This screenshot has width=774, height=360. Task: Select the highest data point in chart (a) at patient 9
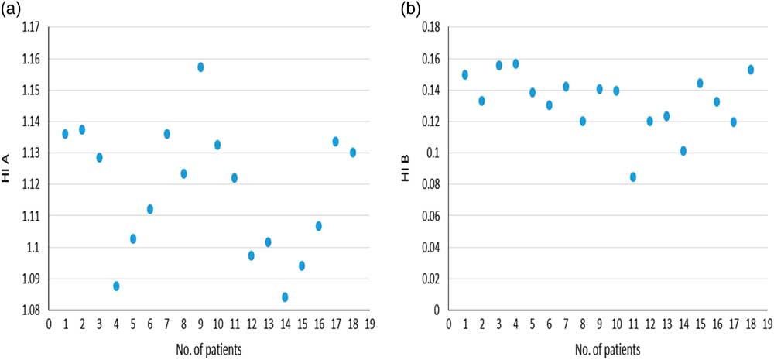200,67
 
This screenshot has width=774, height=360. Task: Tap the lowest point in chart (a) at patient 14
286,297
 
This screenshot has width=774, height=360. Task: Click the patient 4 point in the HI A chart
116,286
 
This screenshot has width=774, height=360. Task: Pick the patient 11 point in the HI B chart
633,177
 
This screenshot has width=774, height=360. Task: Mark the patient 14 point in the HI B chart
683,151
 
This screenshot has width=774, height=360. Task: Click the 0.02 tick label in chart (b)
430,279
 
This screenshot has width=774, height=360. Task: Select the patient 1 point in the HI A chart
65,134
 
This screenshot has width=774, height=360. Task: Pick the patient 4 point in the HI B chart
515,63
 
